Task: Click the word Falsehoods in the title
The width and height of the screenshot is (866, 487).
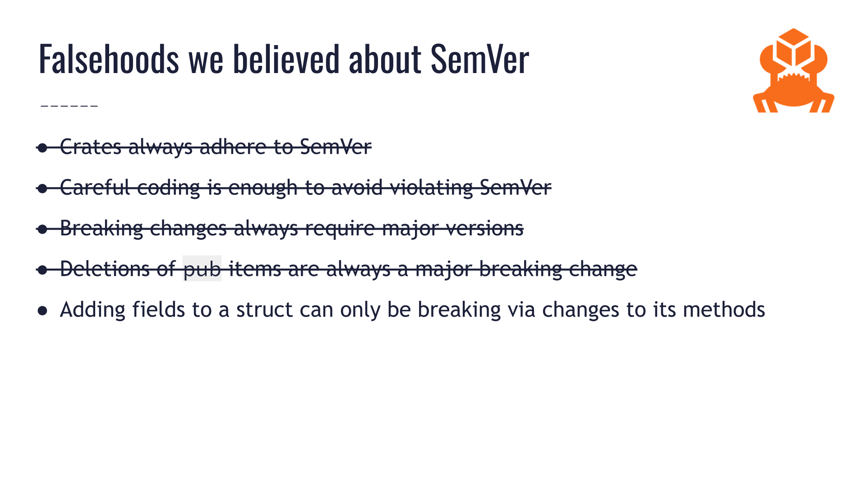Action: click(109, 59)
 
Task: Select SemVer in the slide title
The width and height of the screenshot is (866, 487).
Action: click(479, 59)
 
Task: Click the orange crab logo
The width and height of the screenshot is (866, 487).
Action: click(793, 72)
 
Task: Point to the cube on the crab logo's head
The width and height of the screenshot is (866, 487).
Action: click(793, 47)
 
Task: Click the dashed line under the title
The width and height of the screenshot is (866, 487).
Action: click(69, 106)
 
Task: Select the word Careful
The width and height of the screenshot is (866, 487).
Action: click(95, 188)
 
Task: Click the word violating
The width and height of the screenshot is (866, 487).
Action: click(431, 188)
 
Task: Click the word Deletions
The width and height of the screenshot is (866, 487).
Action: click(105, 269)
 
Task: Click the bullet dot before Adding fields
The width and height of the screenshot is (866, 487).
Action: click(43, 311)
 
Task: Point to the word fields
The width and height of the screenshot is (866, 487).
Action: click(158, 310)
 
